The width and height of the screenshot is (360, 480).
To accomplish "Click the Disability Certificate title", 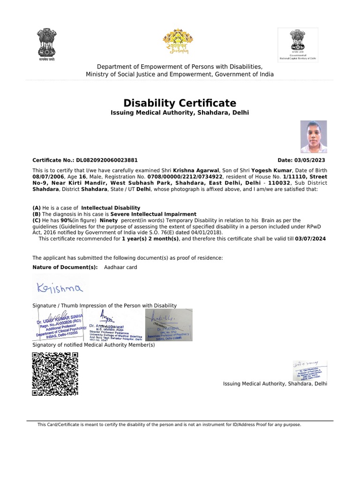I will [180, 103].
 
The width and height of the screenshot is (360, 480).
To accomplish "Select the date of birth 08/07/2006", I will [46, 176].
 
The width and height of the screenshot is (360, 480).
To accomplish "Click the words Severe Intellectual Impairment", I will [153, 214].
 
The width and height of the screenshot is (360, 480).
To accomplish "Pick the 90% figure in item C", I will [66, 220].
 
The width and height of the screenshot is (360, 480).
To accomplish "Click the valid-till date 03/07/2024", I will [310, 239].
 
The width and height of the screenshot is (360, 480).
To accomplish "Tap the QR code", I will [55, 374].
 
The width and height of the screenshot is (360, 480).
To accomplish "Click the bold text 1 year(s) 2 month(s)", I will [150, 239].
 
